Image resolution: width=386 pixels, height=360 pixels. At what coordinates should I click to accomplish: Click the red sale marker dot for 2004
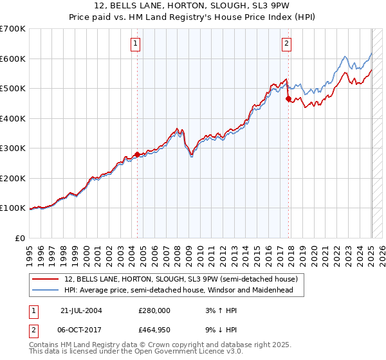(137, 154)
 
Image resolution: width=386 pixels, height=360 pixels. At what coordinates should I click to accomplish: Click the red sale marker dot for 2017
(288, 99)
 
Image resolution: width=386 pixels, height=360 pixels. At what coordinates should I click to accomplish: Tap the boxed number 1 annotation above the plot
(136, 44)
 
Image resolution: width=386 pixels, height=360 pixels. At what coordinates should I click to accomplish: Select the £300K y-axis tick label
(13, 148)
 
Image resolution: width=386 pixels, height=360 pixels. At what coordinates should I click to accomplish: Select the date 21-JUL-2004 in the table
(81, 310)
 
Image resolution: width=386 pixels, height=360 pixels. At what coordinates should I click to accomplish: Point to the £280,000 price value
(154, 310)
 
